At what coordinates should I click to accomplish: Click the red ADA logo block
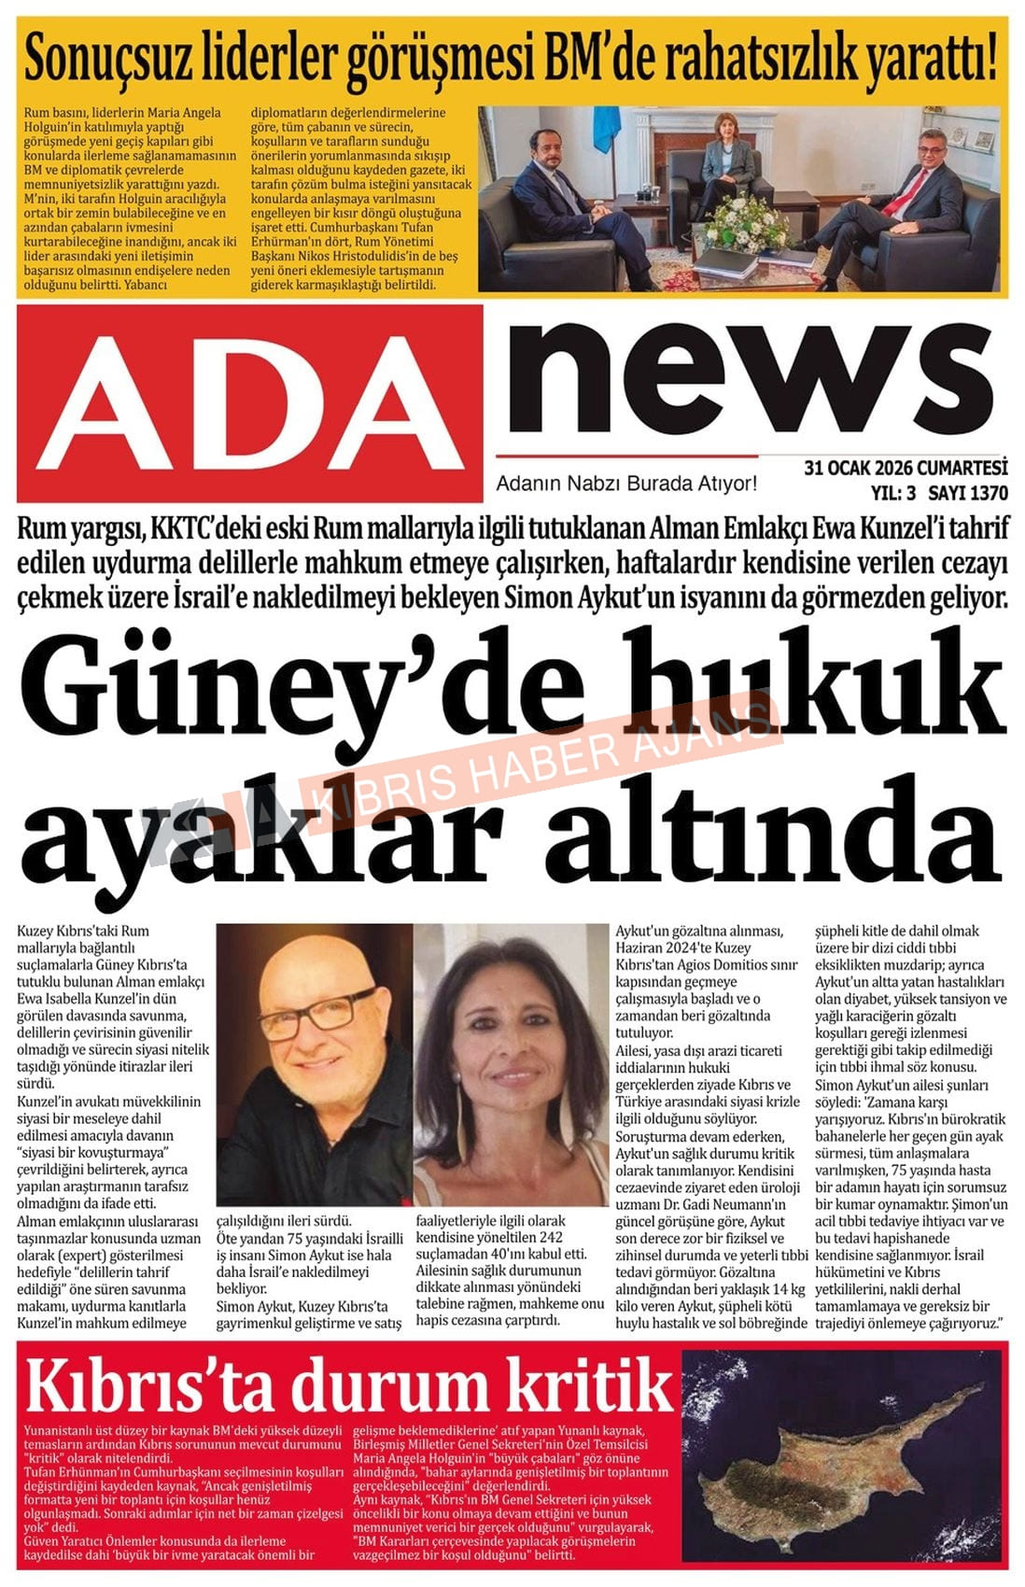pyautogui.click(x=249, y=403)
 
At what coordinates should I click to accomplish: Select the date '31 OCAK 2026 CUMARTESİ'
pyautogui.click(x=906, y=468)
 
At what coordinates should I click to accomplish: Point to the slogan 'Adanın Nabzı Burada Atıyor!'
pyautogui.click(x=625, y=484)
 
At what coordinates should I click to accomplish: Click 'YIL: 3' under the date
pyautogui.click(x=893, y=493)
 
